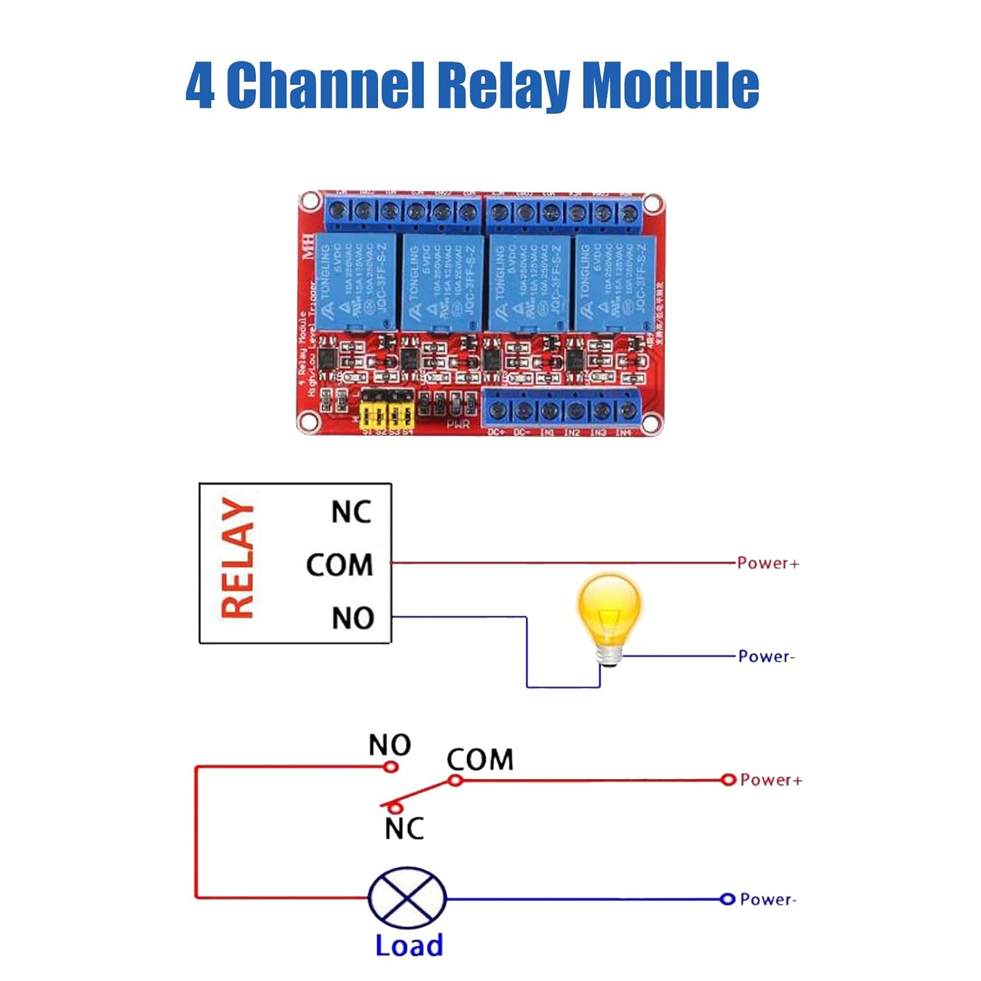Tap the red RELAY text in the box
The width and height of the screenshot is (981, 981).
pos(237,558)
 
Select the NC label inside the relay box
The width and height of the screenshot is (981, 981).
pos(351,512)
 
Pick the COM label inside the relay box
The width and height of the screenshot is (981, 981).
pos(339,565)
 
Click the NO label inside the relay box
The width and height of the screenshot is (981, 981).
pos(353,618)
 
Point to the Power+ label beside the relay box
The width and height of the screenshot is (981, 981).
pos(768,563)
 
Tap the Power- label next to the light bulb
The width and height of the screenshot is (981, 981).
pos(766,657)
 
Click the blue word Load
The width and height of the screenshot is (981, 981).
pos(409,946)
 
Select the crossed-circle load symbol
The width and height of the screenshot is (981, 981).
pos(407,899)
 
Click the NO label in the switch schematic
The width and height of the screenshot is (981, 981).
pos(390,745)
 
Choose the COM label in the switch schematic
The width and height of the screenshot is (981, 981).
pos(479,760)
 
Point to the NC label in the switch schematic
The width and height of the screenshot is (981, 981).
pos(404,829)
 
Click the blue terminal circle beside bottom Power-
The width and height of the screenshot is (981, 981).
pos(727,899)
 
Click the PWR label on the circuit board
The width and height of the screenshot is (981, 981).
pos(458,425)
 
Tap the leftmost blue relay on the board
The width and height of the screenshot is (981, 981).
pos(356,281)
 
